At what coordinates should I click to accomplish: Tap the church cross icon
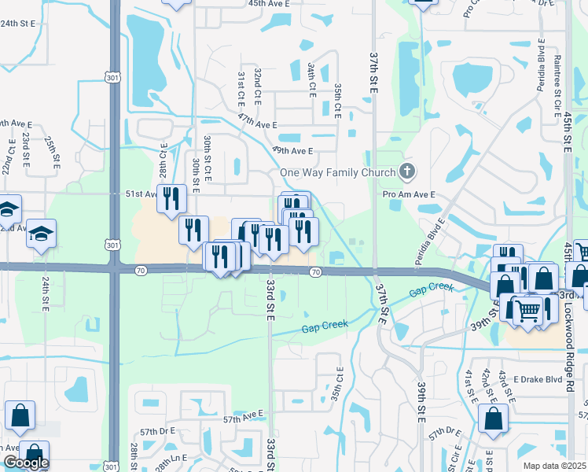click(x=406, y=171)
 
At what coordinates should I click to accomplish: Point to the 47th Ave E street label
click(x=258, y=124)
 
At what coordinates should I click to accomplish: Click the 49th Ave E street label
click(x=293, y=150)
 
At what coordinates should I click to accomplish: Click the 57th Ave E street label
click(x=244, y=415)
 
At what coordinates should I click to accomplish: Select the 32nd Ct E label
click(x=257, y=83)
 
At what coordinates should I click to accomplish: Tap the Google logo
click(x=26, y=463)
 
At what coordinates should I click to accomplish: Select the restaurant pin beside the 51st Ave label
click(x=171, y=199)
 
